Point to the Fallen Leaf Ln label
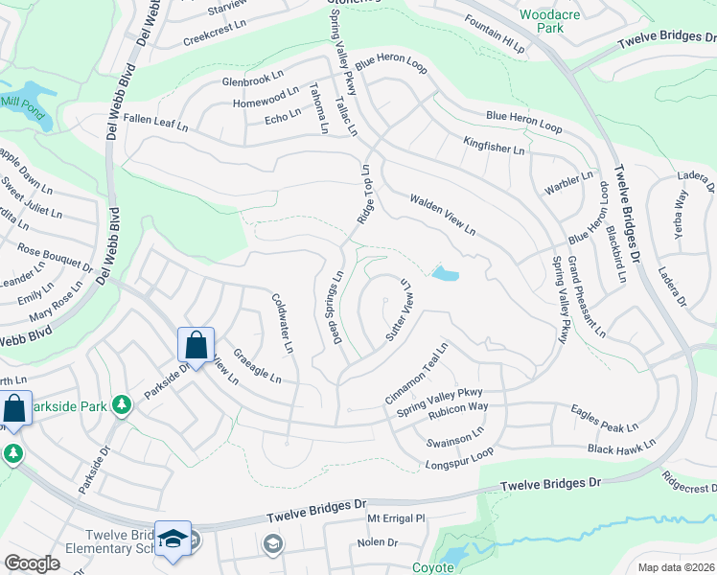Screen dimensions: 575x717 coord(155,124)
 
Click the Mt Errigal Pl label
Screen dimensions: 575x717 coord(396,518)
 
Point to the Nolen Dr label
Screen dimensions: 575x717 coord(377,542)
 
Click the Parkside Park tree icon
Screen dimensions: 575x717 coord(121,405)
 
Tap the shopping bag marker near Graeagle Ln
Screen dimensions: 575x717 coord(196,346)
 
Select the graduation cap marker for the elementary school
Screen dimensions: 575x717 coord(173,540)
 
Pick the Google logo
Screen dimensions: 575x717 coord(32,563)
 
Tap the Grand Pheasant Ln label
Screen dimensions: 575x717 coord(586,297)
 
